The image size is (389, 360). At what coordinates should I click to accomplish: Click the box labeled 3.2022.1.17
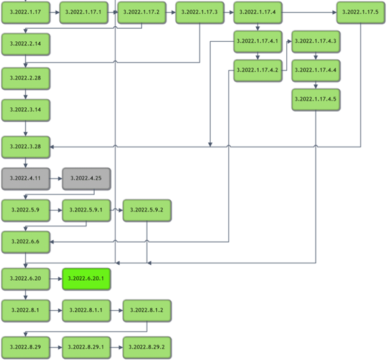pos(26,12)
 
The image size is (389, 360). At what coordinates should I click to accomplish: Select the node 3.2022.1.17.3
pos(199,12)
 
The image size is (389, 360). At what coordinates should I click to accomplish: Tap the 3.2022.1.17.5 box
pos(360,12)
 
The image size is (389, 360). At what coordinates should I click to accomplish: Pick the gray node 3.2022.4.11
pos(26,178)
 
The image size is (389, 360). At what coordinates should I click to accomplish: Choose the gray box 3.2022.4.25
pos(86,178)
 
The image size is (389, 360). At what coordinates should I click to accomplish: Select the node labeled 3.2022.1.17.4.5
pos(315,99)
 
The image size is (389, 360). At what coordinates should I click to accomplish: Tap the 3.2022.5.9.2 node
pos(146,211)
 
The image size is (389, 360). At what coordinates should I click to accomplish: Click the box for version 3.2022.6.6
pos(26,241)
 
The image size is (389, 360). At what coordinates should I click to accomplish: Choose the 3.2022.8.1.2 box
pos(146,310)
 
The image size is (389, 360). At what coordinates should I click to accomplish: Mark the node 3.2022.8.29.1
pos(86,345)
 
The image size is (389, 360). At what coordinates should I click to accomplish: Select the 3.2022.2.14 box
pos(26,44)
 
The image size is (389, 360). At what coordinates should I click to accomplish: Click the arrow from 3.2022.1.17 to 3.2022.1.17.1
pos(55,12)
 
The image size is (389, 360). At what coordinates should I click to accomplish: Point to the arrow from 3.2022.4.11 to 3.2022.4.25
pos(55,178)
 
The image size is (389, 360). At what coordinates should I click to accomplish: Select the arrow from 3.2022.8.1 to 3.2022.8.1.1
pos(55,310)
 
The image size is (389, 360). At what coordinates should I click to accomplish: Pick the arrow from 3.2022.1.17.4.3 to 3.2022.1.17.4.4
pos(315,56)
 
